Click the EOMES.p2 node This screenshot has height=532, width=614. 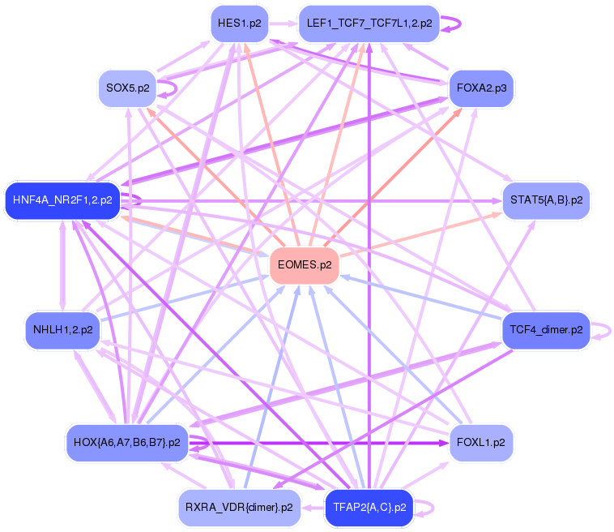[x=304, y=265]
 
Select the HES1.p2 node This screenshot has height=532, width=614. [x=240, y=24]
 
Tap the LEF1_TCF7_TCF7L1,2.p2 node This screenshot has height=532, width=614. [x=369, y=24]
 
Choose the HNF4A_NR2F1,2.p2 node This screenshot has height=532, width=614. [x=62, y=199]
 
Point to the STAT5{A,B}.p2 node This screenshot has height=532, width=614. [x=545, y=199]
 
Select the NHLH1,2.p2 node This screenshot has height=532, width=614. [x=62, y=330]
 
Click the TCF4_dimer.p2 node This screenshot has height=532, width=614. [x=545, y=330]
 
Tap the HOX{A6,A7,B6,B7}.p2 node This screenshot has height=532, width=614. [x=127, y=443]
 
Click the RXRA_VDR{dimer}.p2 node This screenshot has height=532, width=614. [x=239, y=508]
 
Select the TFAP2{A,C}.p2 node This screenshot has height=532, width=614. [x=369, y=508]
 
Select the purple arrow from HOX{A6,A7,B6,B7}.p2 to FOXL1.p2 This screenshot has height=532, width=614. [x=324, y=444]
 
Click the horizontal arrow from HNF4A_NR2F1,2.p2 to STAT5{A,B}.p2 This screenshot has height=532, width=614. [x=324, y=199]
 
